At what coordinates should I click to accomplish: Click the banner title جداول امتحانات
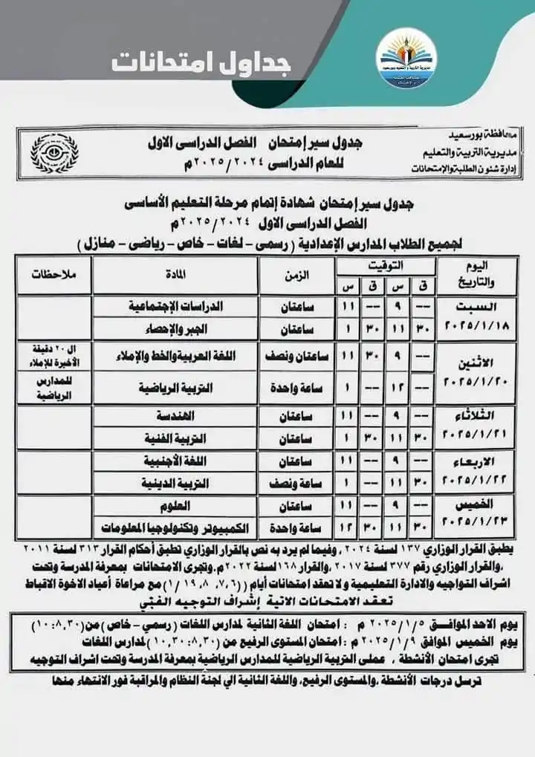tap(201, 62)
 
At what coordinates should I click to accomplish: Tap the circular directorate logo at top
tap(406, 61)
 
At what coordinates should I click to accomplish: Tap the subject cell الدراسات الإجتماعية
tap(177, 305)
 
